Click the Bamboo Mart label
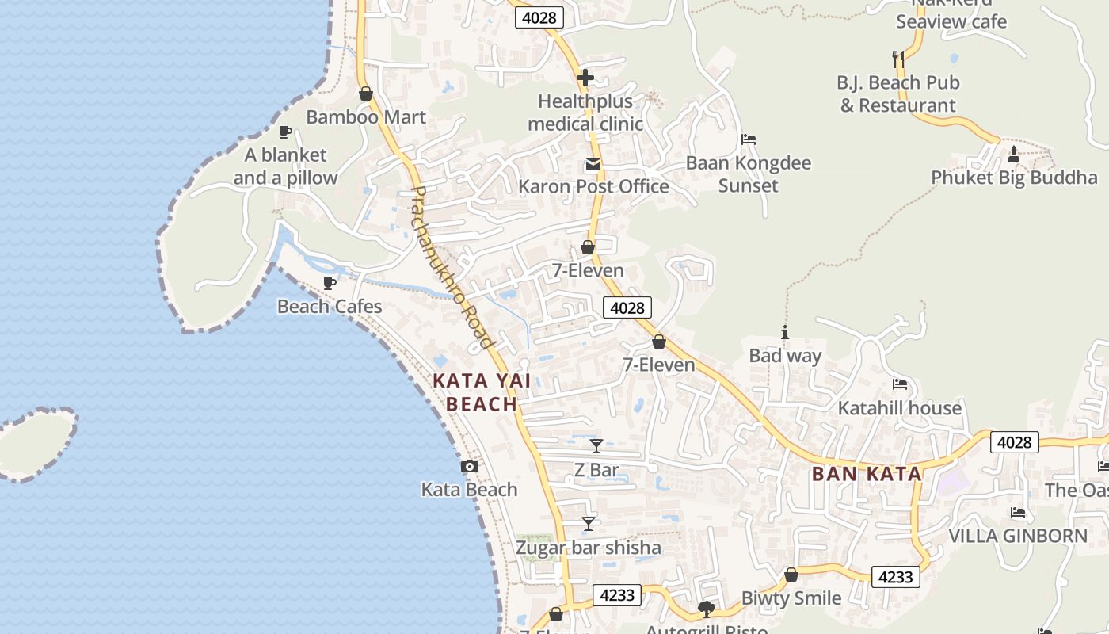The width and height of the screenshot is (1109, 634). click(x=366, y=117)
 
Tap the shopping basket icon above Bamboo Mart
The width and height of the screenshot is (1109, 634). click(x=366, y=94)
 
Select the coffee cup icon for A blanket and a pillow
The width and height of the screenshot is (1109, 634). click(x=285, y=132)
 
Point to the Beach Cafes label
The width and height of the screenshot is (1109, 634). click(x=330, y=307)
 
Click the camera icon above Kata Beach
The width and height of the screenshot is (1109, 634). click(x=470, y=466)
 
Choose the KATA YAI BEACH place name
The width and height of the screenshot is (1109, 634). click(x=482, y=392)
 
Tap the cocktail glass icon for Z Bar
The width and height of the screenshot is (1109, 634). click(x=596, y=446)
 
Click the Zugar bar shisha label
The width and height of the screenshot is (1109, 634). click(x=589, y=548)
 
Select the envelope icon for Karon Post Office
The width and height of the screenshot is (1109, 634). click(x=593, y=165)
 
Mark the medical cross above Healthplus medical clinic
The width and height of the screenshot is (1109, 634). click(x=585, y=78)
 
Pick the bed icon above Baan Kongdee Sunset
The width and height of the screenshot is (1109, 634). click(x=749, y=139)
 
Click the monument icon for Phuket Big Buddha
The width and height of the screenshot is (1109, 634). click(x=1014, y=154)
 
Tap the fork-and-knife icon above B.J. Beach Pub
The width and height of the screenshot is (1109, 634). click(x=897, y=59)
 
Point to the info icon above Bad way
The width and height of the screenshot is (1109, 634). click(x=785, y=332)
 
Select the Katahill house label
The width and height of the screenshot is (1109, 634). click(x=900, y=408)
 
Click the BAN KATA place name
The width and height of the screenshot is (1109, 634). click(x=867, y=475)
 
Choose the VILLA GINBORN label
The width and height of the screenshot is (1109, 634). click(x=1019, y=536)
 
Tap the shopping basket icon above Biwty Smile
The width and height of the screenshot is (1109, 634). click(x=791, y=575)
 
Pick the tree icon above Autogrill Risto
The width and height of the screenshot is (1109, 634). click(x=706, y=609)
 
